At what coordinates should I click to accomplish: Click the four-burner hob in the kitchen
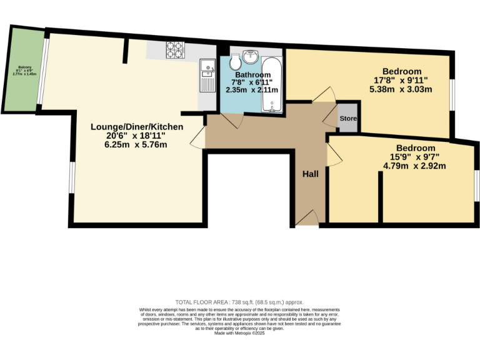[174, 50]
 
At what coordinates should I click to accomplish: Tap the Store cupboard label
[348, 118]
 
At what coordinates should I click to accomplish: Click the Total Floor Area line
[239, 302]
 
